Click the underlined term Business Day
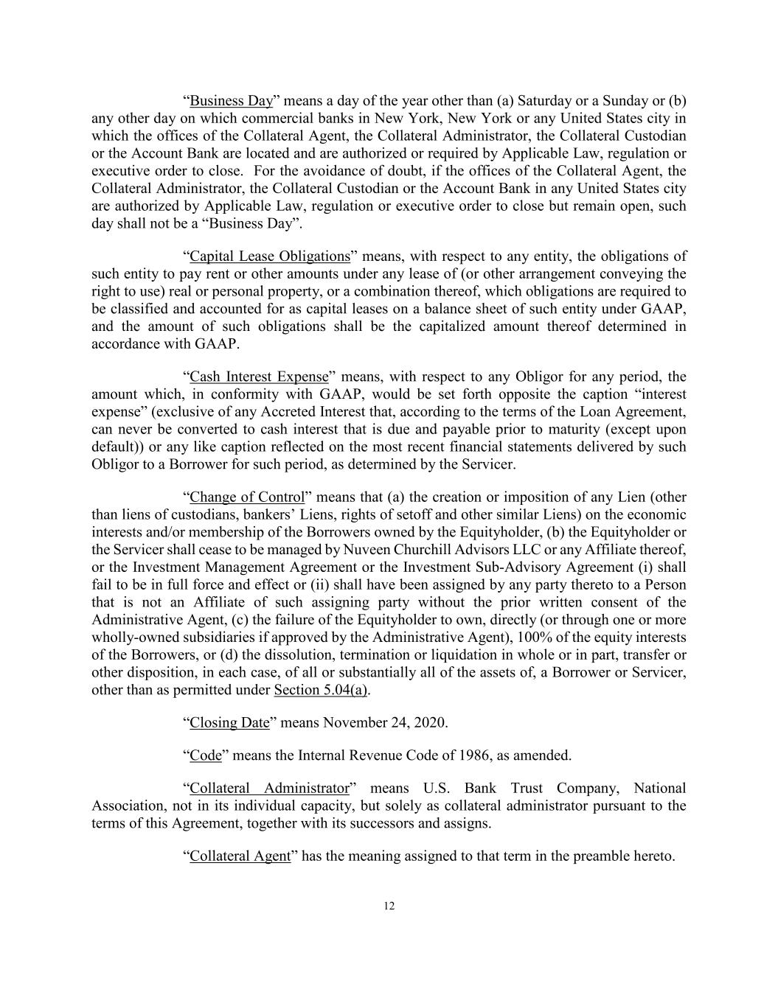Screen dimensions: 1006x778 [232, 101]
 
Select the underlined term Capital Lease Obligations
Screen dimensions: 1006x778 [269, 256]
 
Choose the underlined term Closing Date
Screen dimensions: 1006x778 [229, 722]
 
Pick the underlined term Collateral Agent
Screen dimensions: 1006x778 [240, 856]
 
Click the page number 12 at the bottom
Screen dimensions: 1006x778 [389, 907]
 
